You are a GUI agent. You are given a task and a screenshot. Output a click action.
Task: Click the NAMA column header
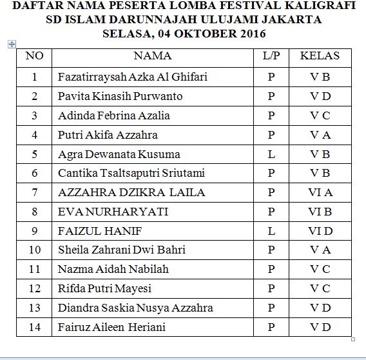tap(153, 56)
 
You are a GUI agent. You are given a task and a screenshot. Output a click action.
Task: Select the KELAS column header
tap(320, 56)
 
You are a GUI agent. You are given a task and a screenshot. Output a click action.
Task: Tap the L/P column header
tap(271, 56)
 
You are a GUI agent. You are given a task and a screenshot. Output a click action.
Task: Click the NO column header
tap(34, 56)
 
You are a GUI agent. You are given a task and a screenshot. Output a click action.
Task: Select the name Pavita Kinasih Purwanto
tap(120, 97)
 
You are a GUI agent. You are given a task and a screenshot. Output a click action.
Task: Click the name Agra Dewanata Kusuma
tap(119, 155)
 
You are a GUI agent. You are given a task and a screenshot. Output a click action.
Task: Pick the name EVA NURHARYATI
tap(113, 212)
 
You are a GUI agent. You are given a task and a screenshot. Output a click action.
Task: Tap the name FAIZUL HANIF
tap(100, 231)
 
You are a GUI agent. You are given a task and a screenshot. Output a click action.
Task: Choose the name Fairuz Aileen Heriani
tap(111, 327)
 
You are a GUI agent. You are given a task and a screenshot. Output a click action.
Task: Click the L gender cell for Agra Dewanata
tap(271, 155)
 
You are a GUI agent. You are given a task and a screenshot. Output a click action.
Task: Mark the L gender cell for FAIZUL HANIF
tap(271, 231)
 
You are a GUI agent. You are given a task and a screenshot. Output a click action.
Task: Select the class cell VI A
tap(320, 192)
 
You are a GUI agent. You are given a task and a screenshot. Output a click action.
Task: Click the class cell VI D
tap(320, 231)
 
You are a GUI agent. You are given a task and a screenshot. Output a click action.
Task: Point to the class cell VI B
tap(320, 212)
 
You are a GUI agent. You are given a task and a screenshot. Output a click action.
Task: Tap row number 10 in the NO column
tap(34, 250)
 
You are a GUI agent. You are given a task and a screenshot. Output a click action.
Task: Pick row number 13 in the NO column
tap(34, 308)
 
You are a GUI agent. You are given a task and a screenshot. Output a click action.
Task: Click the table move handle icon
tap(11, 43)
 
